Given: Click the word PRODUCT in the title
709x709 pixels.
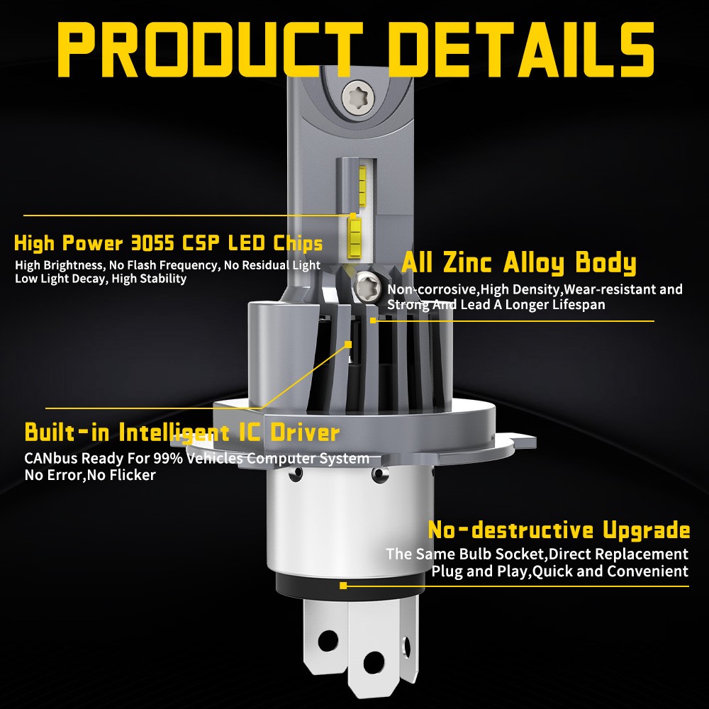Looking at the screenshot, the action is coord(211,49).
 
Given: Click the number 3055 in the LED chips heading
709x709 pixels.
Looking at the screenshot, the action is coord(152,243).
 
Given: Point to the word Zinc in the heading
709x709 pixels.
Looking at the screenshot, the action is coord(467,262).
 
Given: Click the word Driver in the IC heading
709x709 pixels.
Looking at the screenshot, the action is coord(304,432).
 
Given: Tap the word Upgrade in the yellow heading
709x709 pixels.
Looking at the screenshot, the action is coord(647,530).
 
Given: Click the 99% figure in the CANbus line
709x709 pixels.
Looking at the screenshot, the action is coord(168,459).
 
